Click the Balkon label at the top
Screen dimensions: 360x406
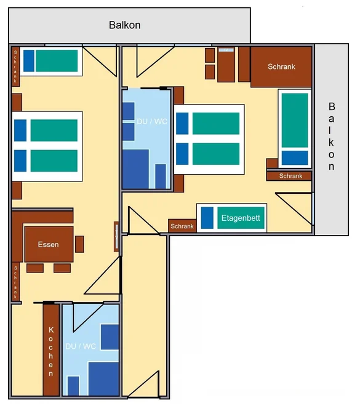(x=124, y=25)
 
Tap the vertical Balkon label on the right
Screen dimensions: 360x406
(x=332, y=137)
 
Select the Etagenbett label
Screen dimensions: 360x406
(x=241, y=218)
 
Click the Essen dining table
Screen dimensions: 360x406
(x=49, y=244)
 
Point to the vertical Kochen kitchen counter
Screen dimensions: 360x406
(x=51, y=350)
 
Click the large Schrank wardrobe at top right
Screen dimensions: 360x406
(x=281, y=67)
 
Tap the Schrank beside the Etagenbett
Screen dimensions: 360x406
(x=182, y=226)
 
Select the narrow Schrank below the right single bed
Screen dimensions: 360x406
(x=289, y=176)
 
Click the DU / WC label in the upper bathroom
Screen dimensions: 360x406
(x=152, y=121)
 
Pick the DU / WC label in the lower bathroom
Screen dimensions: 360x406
(x=81, y=346)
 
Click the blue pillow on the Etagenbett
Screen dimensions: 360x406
(x=207, y=218)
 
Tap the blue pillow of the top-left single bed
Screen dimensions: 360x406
(x=29, y=60)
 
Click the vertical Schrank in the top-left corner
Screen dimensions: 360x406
(x=15, y=66)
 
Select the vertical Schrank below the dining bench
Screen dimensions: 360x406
(x=15, y=282)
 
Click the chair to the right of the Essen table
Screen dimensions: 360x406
(x=79, y=244)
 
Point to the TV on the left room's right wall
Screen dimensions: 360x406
(x=116, y=237)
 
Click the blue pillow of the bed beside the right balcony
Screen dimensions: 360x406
(x=295, y=157)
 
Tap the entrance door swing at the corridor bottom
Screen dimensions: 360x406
(x=143, y=384)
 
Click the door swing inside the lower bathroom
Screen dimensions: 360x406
(x=88, y=317)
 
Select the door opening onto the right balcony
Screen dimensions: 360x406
(x=294, y=209)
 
